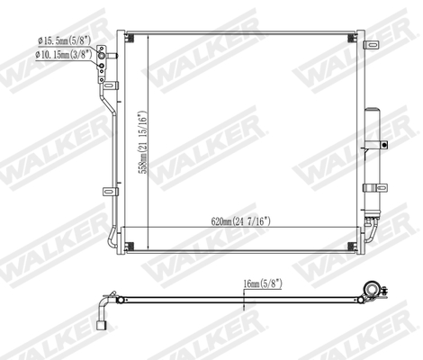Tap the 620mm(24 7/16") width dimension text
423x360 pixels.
(237, 221)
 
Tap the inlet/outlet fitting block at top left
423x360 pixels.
(106, 55)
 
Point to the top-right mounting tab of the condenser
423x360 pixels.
(361, 37)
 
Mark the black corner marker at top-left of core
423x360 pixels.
(131, 38)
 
